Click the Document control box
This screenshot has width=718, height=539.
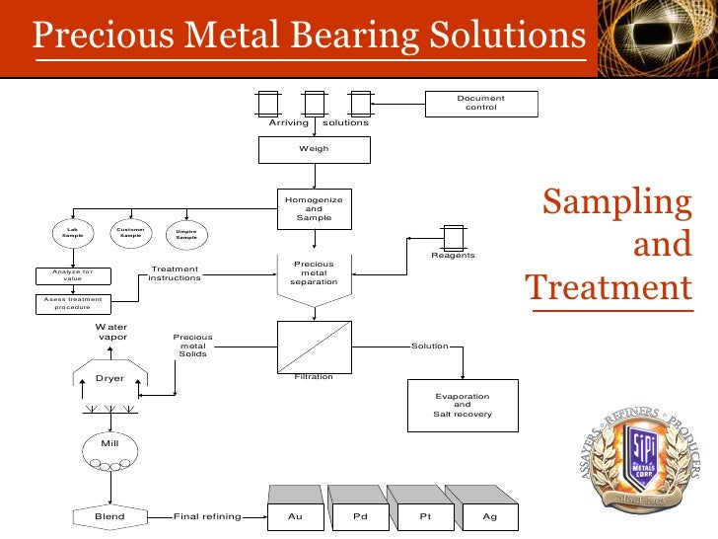(481, 103)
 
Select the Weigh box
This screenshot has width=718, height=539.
(314, 149)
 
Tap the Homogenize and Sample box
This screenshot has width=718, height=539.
(314, 209)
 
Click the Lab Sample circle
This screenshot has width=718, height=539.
(72, 233)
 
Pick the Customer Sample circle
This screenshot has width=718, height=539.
(130, 233)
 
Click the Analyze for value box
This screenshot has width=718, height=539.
(74, 275)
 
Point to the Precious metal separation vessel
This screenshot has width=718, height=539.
(314, 275)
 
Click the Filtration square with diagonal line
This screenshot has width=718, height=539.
(314, 346)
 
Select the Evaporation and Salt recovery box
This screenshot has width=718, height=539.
(463, 405)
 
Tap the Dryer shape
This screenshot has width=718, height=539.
(110, 377)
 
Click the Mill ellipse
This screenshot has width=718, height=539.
(110, 445)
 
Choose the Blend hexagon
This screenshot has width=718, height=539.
(110, 515)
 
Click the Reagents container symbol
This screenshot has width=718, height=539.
(453, 237)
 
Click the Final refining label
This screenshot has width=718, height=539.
(205, 515)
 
